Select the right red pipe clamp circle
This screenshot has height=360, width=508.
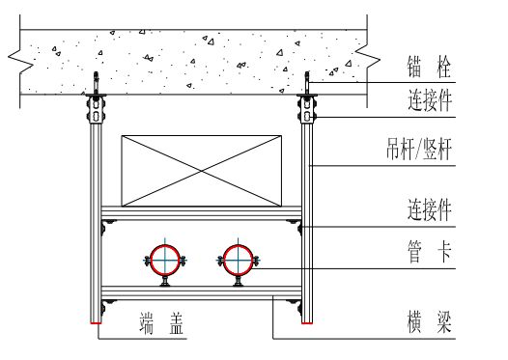(x=238, y=259)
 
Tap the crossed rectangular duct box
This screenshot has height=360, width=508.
(x=202, y=169)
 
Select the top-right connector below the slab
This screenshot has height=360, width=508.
(x=307, y=108)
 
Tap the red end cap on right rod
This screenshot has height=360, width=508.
(x=307, y=322)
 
